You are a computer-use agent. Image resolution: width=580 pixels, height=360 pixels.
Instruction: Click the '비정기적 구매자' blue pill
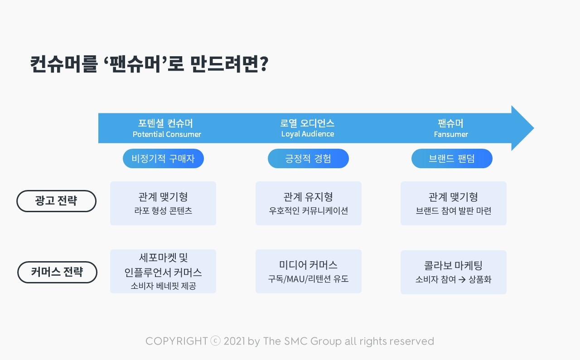point(163,159)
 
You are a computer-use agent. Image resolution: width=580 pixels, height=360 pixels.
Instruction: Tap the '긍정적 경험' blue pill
point(308,159)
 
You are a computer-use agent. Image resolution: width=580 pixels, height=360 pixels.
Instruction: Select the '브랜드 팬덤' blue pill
point(452,159)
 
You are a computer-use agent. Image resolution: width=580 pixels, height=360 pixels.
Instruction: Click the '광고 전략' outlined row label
point(57,201)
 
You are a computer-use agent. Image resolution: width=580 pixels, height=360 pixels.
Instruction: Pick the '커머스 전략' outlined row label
point(57,272)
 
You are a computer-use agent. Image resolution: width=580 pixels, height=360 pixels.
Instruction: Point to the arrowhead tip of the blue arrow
point(534,128)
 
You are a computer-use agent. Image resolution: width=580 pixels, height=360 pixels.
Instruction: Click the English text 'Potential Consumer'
point(167,134)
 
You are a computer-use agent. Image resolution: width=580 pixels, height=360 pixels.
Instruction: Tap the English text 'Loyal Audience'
point(308,134)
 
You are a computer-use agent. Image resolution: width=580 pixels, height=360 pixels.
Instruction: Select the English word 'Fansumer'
point(451,134)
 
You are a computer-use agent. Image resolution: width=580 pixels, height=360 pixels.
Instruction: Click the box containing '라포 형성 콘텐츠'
point(163,203)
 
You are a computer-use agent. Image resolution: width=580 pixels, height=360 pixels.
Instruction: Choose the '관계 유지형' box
point(309,203)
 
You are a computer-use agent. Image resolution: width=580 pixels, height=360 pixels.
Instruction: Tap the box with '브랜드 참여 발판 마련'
point(454,203)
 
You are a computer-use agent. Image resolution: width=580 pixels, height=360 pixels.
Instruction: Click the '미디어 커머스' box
point(309,272)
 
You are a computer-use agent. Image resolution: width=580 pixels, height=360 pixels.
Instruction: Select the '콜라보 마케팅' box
point(454,272)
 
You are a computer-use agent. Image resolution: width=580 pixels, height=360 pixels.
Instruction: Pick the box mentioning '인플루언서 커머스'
point(163,272)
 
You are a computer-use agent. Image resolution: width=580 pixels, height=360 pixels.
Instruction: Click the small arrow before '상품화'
point(462,280)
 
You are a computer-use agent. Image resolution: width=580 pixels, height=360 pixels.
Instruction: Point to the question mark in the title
point(264,64)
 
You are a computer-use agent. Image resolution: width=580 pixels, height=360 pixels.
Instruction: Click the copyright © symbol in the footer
point(215,341)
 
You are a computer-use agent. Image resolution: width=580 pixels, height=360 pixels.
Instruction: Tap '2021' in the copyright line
point(234,341)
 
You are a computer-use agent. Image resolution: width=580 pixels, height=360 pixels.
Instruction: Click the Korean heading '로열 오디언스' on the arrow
point(307,123)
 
